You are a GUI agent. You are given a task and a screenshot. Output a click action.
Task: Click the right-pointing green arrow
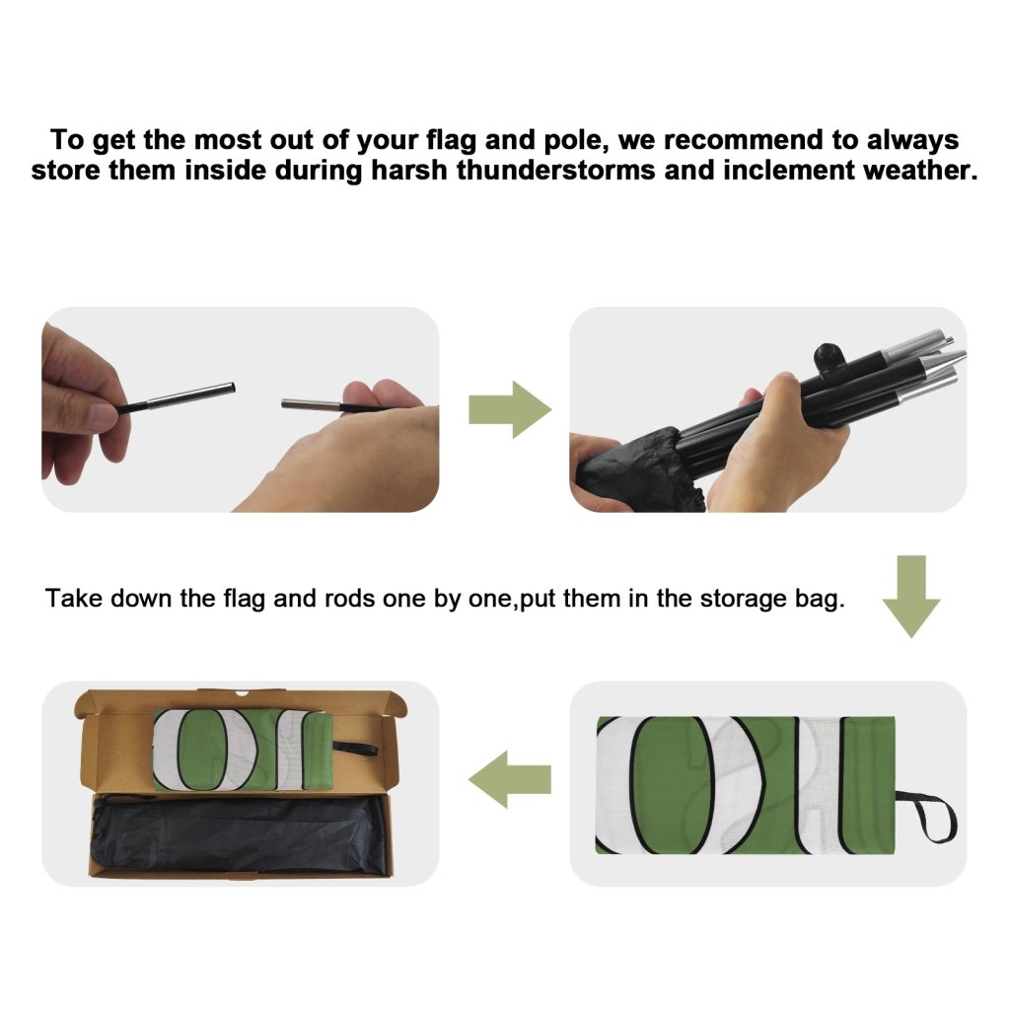tap(510, 409)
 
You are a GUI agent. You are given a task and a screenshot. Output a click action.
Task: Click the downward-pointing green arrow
tap(911, 597)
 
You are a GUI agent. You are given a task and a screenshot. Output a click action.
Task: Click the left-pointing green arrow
tap(510, 779)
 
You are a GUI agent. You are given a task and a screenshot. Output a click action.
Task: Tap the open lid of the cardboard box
tap(239, 699)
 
